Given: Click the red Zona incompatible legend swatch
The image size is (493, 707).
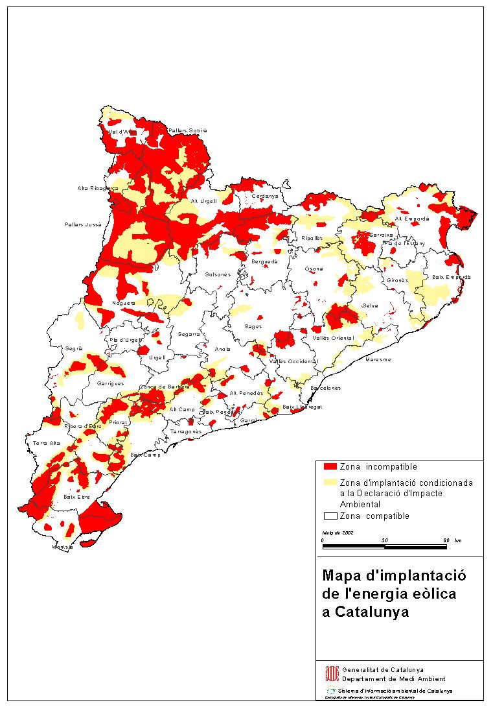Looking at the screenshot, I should click(x=330, y=467).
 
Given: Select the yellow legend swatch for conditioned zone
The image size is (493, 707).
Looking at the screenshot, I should click(x=330, y=483).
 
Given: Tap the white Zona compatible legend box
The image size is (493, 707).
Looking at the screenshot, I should click(x=330, y=516).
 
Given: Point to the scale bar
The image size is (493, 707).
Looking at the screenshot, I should click(x=385, y=546).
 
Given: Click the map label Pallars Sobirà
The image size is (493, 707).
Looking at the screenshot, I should click(x=187, y=130).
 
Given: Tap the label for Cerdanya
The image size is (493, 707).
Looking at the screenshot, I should click(x=265, y=196).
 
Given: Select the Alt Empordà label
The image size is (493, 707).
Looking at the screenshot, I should click(x=412, y=219).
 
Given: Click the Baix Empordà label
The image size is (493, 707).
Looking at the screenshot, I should click(x=452, y=277).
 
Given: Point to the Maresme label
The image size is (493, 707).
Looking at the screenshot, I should click(x=378, y=359).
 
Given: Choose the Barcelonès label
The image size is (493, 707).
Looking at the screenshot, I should click(x=325, y=388).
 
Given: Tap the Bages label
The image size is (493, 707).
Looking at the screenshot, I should click(x=254, y=326).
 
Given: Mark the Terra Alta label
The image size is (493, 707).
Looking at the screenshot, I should click(x=46, y=444).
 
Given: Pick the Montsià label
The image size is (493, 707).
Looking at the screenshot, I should click(x=63, y=547).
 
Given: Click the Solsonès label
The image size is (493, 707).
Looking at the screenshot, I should click(x=218, y=275).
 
